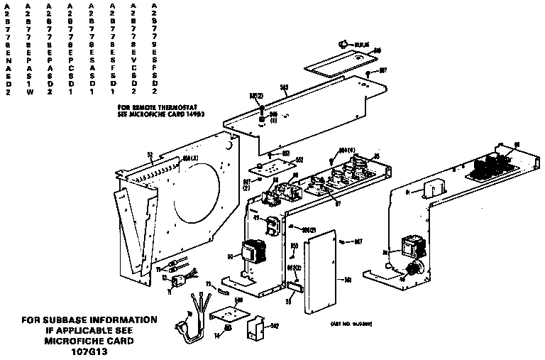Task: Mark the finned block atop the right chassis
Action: coord(490,167)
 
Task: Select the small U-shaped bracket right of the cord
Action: coord(254,330)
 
